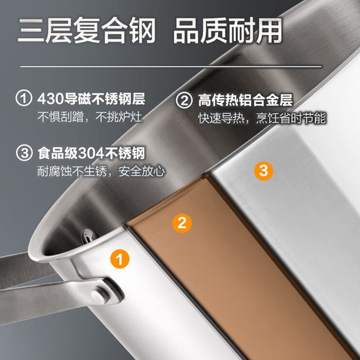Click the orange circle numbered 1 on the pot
tap(120, 259)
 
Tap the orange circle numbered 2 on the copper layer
tap(182, 223)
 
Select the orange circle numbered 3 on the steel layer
tap(264, 170)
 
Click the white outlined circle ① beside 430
tap(24, 98)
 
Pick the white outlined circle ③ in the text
tap(24, 153)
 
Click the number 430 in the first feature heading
tap(51, 99)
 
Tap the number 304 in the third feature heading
tap(91, 153)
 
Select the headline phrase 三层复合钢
tap(87, 31)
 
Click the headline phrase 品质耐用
tap(228, 31)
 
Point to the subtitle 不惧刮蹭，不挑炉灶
tap(90, 117)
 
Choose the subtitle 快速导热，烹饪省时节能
tap(262, 118)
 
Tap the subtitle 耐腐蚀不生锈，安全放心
tap(101, 171)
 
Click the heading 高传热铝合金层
tap(246, 100)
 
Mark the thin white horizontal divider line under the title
tap(171, 67)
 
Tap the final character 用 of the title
tap(269, 31)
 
